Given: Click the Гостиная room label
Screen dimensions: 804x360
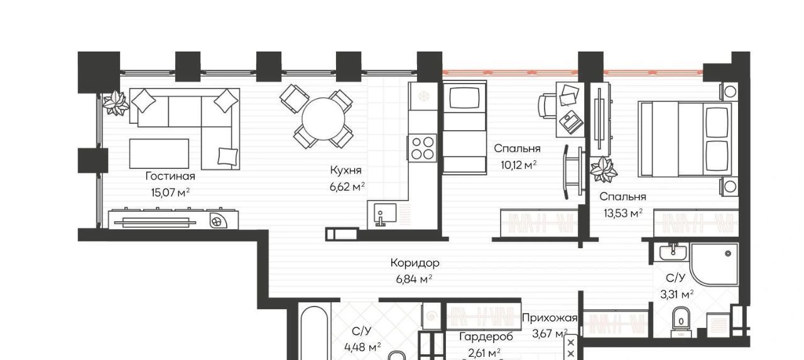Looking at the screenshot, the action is [x=170, y=177].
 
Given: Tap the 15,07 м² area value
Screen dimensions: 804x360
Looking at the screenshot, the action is [x=170, y=193].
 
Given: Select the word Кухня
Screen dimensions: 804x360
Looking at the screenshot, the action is [x=345, y=170].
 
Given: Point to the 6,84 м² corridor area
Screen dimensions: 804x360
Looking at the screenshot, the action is [x=414, y=279].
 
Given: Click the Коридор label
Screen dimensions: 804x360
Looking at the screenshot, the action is [x=415, y=263].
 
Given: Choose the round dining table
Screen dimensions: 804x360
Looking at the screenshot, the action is [x=323, y=119].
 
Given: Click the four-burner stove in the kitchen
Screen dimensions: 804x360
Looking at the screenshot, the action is [x=422, y=148].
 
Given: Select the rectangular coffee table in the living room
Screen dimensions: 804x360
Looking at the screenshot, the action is [x=159, y=154].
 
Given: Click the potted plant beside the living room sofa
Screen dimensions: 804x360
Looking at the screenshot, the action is [x=116, y=103].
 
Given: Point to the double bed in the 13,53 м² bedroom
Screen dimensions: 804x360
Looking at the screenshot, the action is [x=685, y=139].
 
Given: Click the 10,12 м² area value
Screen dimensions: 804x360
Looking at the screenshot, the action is [x=518, y=165].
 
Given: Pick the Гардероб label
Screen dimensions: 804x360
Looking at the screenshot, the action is [x=486, y=337].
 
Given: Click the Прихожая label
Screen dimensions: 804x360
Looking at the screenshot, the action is [x=550, y=318].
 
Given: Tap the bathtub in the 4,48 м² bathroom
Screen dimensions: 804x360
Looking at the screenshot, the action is [x=314, y=333].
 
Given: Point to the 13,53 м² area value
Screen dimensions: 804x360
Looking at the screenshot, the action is [x=622, y=213].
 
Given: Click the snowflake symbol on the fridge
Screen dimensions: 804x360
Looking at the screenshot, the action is [x=424, y=96].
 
